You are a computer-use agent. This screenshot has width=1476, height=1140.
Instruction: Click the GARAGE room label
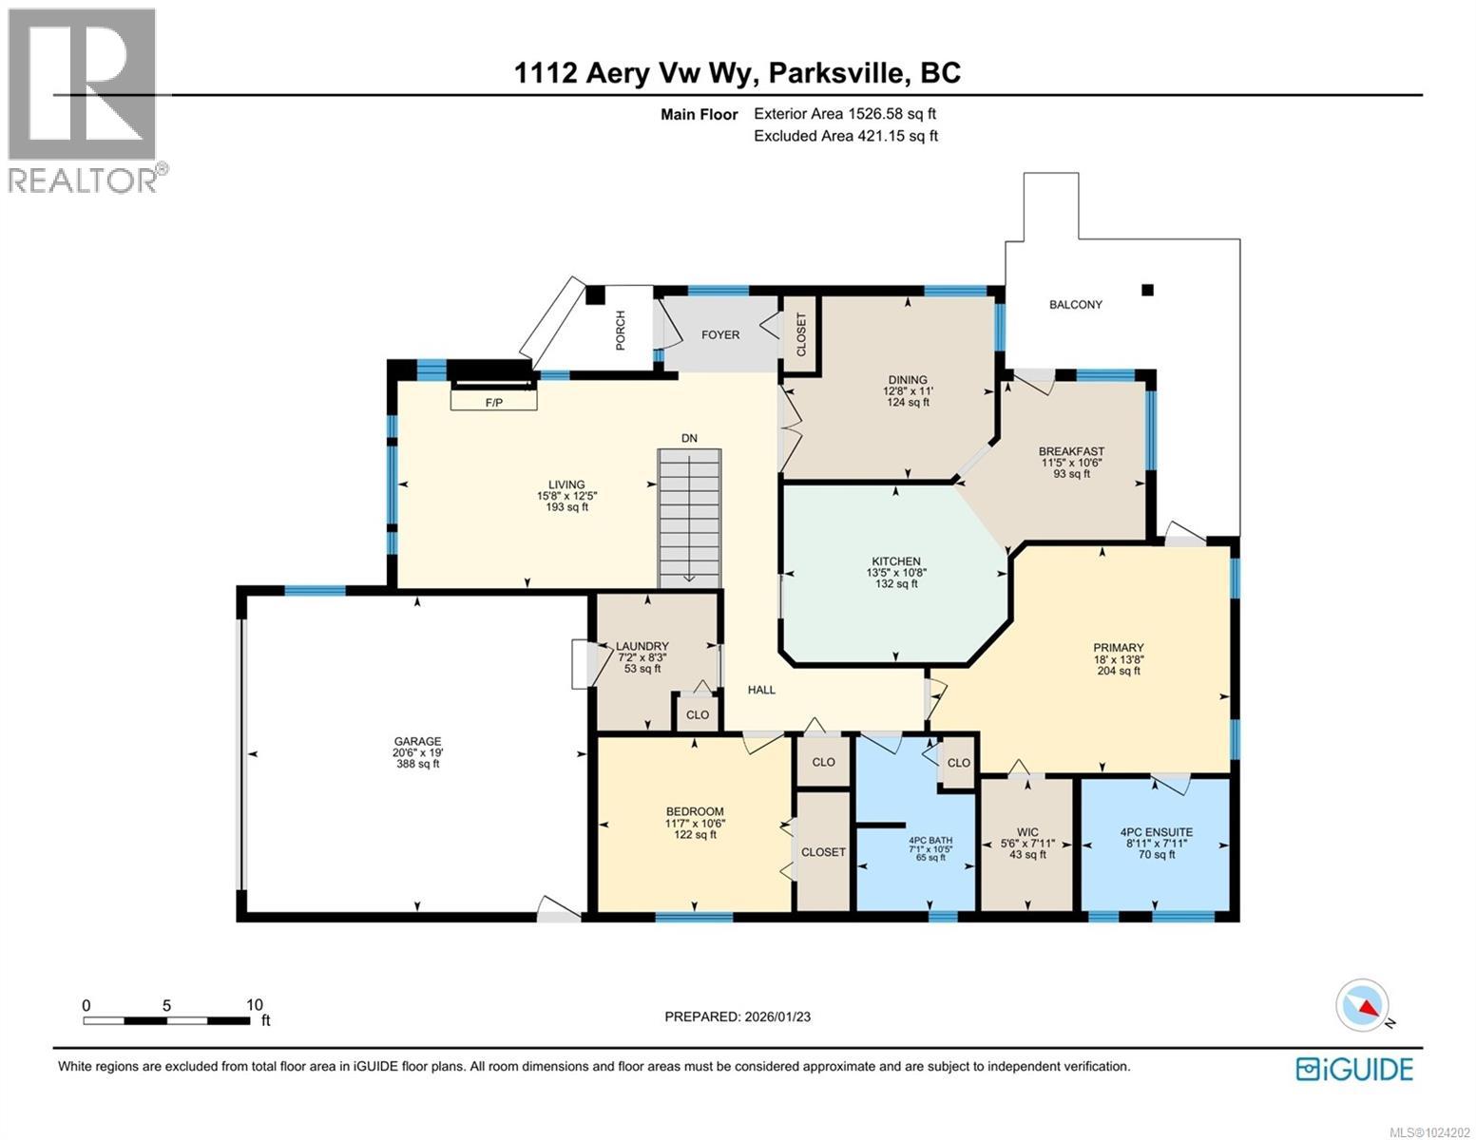click(x=417, y=742)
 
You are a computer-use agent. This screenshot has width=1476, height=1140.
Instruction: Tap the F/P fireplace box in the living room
click(x=494, y=401)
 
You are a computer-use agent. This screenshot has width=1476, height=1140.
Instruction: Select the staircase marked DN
click(x=689, y=517)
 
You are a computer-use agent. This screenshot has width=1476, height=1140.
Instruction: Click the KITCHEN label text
click(x=895, y=561)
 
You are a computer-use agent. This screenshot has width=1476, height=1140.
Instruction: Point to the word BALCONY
click(x=1075, y=305)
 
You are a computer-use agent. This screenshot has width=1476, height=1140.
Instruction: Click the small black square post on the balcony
click(x=1147, y=290)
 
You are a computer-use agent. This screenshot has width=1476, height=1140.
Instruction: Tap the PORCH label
click(x=621, y=330)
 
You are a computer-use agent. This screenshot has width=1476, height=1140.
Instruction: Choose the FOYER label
click(x=720, y=334)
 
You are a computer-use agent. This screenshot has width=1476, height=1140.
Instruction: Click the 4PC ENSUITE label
click(x=1156, y=832)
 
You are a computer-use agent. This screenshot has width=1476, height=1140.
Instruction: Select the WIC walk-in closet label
click(x=1026, y=832)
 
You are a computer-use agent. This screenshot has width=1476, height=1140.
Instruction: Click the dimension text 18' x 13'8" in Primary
click(x=1118, y=659)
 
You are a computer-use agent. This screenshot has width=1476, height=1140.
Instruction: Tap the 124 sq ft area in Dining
click(x=907, y=403)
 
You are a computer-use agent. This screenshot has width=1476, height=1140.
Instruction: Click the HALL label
click(x=761, y=690)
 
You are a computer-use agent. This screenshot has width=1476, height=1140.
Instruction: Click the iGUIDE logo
click(x=1354, y=1069)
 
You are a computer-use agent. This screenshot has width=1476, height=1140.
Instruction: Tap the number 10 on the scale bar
click(x=254, y=1005)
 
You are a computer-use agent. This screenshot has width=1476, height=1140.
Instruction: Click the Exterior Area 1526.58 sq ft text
click(x=851, y=114)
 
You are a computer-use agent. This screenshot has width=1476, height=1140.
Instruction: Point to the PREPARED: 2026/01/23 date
click(x=737, y=1016)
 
